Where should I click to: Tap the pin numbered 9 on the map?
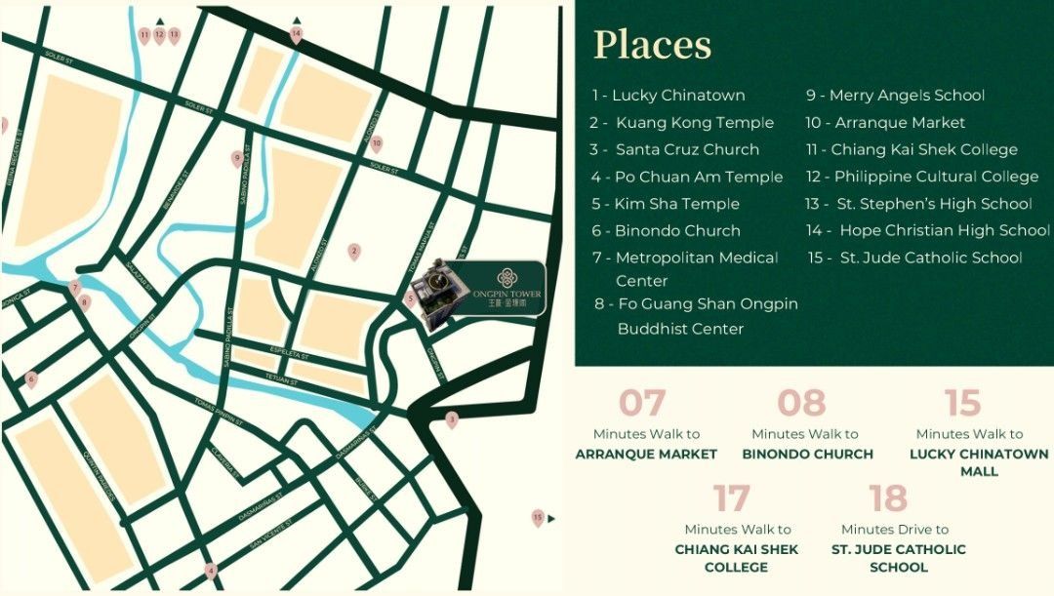(x=236, y=158)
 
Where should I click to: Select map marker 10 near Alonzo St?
(x=376, y=144)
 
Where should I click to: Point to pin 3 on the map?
(x=451, y=419)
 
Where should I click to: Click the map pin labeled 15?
(x=538, y=518)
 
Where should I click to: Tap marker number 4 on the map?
(x=210, y=571)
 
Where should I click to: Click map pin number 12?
(x=159, y=36)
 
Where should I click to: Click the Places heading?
(x=653, y=45)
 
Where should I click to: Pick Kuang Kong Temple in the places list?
(x=681, y=123)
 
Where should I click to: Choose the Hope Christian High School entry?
(x=928, y=231)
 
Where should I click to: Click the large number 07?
(x=642, y=403)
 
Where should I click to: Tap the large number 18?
(x=888, y=498)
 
